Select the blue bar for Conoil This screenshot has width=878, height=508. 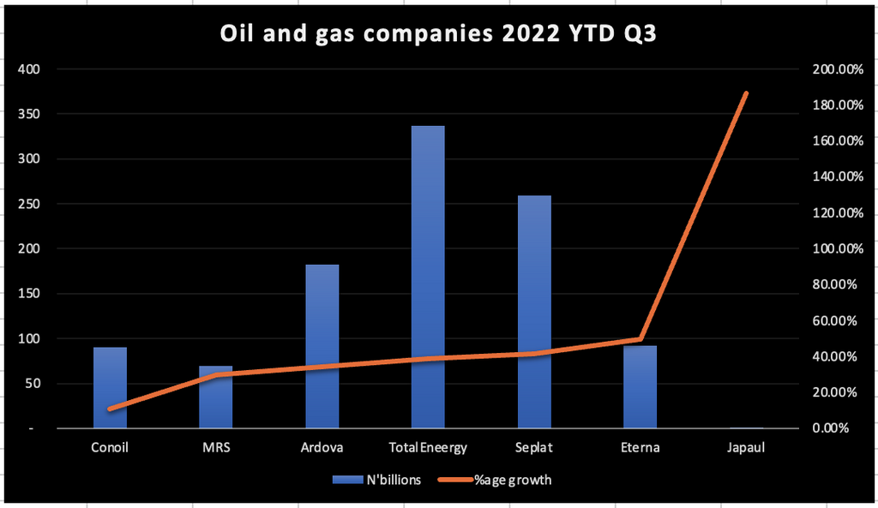(x=110, y=387)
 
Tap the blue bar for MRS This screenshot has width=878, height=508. (x=215, y=397)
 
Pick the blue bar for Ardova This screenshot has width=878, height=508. (x=322, y=346)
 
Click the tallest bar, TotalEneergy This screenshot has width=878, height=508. (x=428, y=277)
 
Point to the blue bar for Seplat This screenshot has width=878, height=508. (x=533, y=312)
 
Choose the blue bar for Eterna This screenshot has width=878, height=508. (x=640, y=386)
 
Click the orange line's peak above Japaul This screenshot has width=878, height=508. (x=746, y=93)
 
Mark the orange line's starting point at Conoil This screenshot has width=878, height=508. (x=110, y=409)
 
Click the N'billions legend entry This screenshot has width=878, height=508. (x=377, y=480)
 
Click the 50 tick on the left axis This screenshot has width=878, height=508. (x=31, y=383)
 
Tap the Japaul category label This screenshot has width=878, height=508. (x=746, y=447)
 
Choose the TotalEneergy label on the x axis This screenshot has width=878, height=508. (x=428, y=447)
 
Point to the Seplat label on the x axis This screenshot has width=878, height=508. (x=533, y=447)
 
